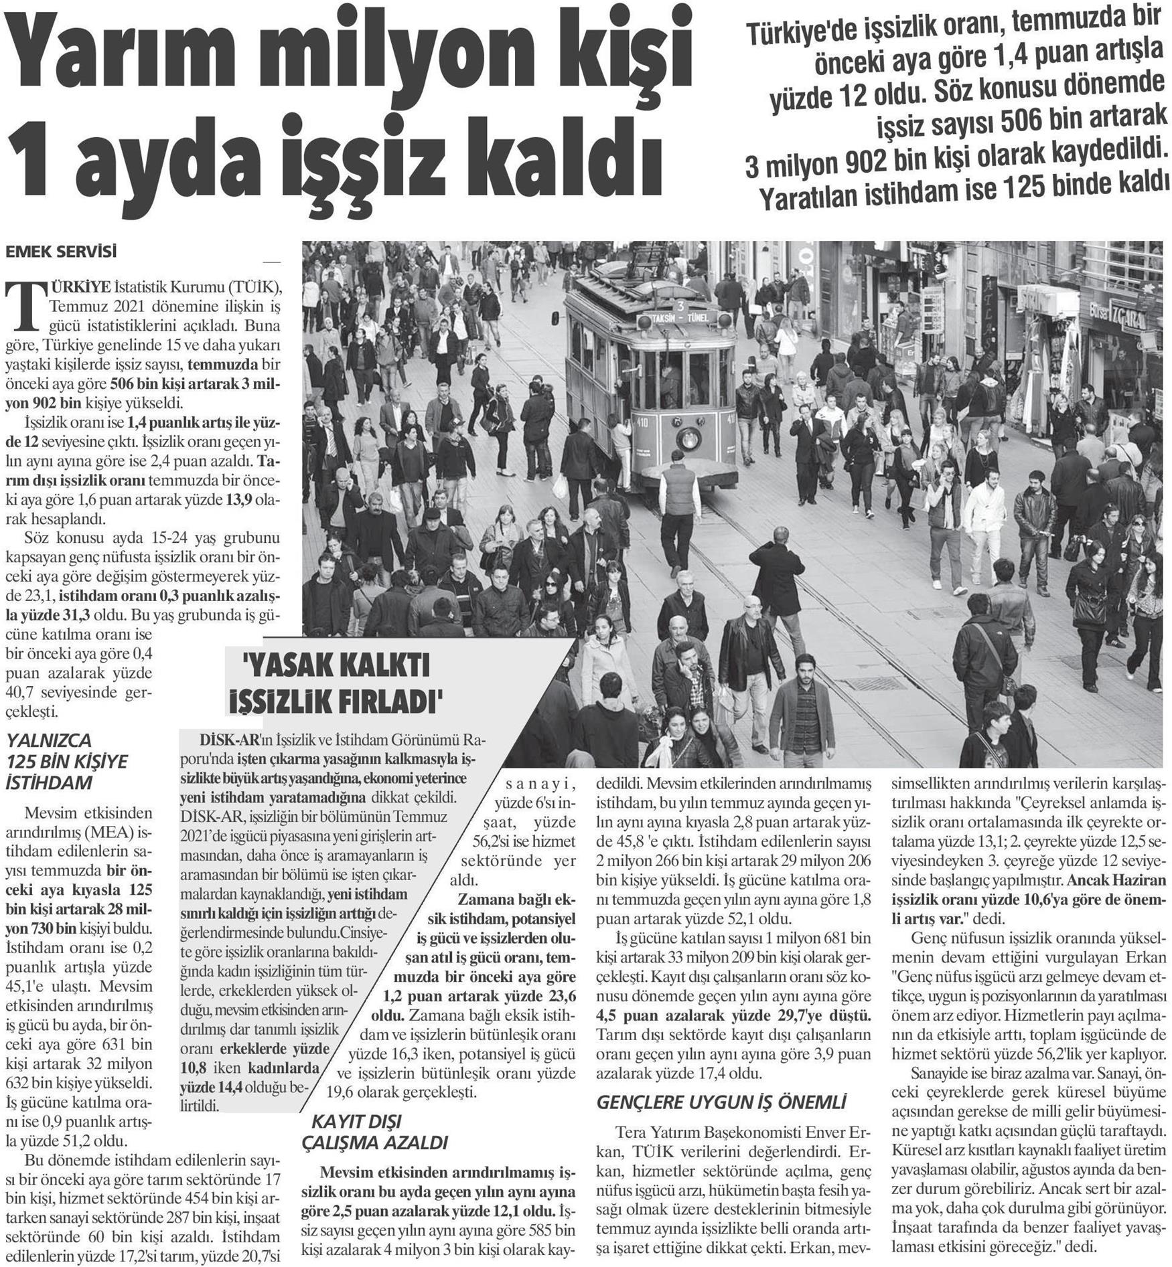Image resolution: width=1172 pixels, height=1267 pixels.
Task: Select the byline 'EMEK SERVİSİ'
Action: [61, 252]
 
